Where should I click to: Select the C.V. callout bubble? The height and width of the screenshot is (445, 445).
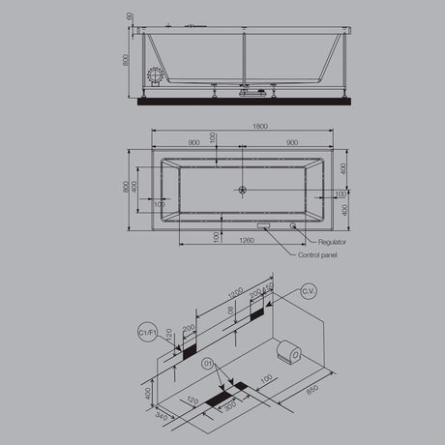[x=309, y=290]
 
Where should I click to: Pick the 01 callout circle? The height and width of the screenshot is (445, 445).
[x=206, y=365]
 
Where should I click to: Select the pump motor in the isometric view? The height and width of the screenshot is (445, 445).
[x=287, y=349]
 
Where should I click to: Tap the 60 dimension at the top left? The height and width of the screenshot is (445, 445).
[x=129, y=17]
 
